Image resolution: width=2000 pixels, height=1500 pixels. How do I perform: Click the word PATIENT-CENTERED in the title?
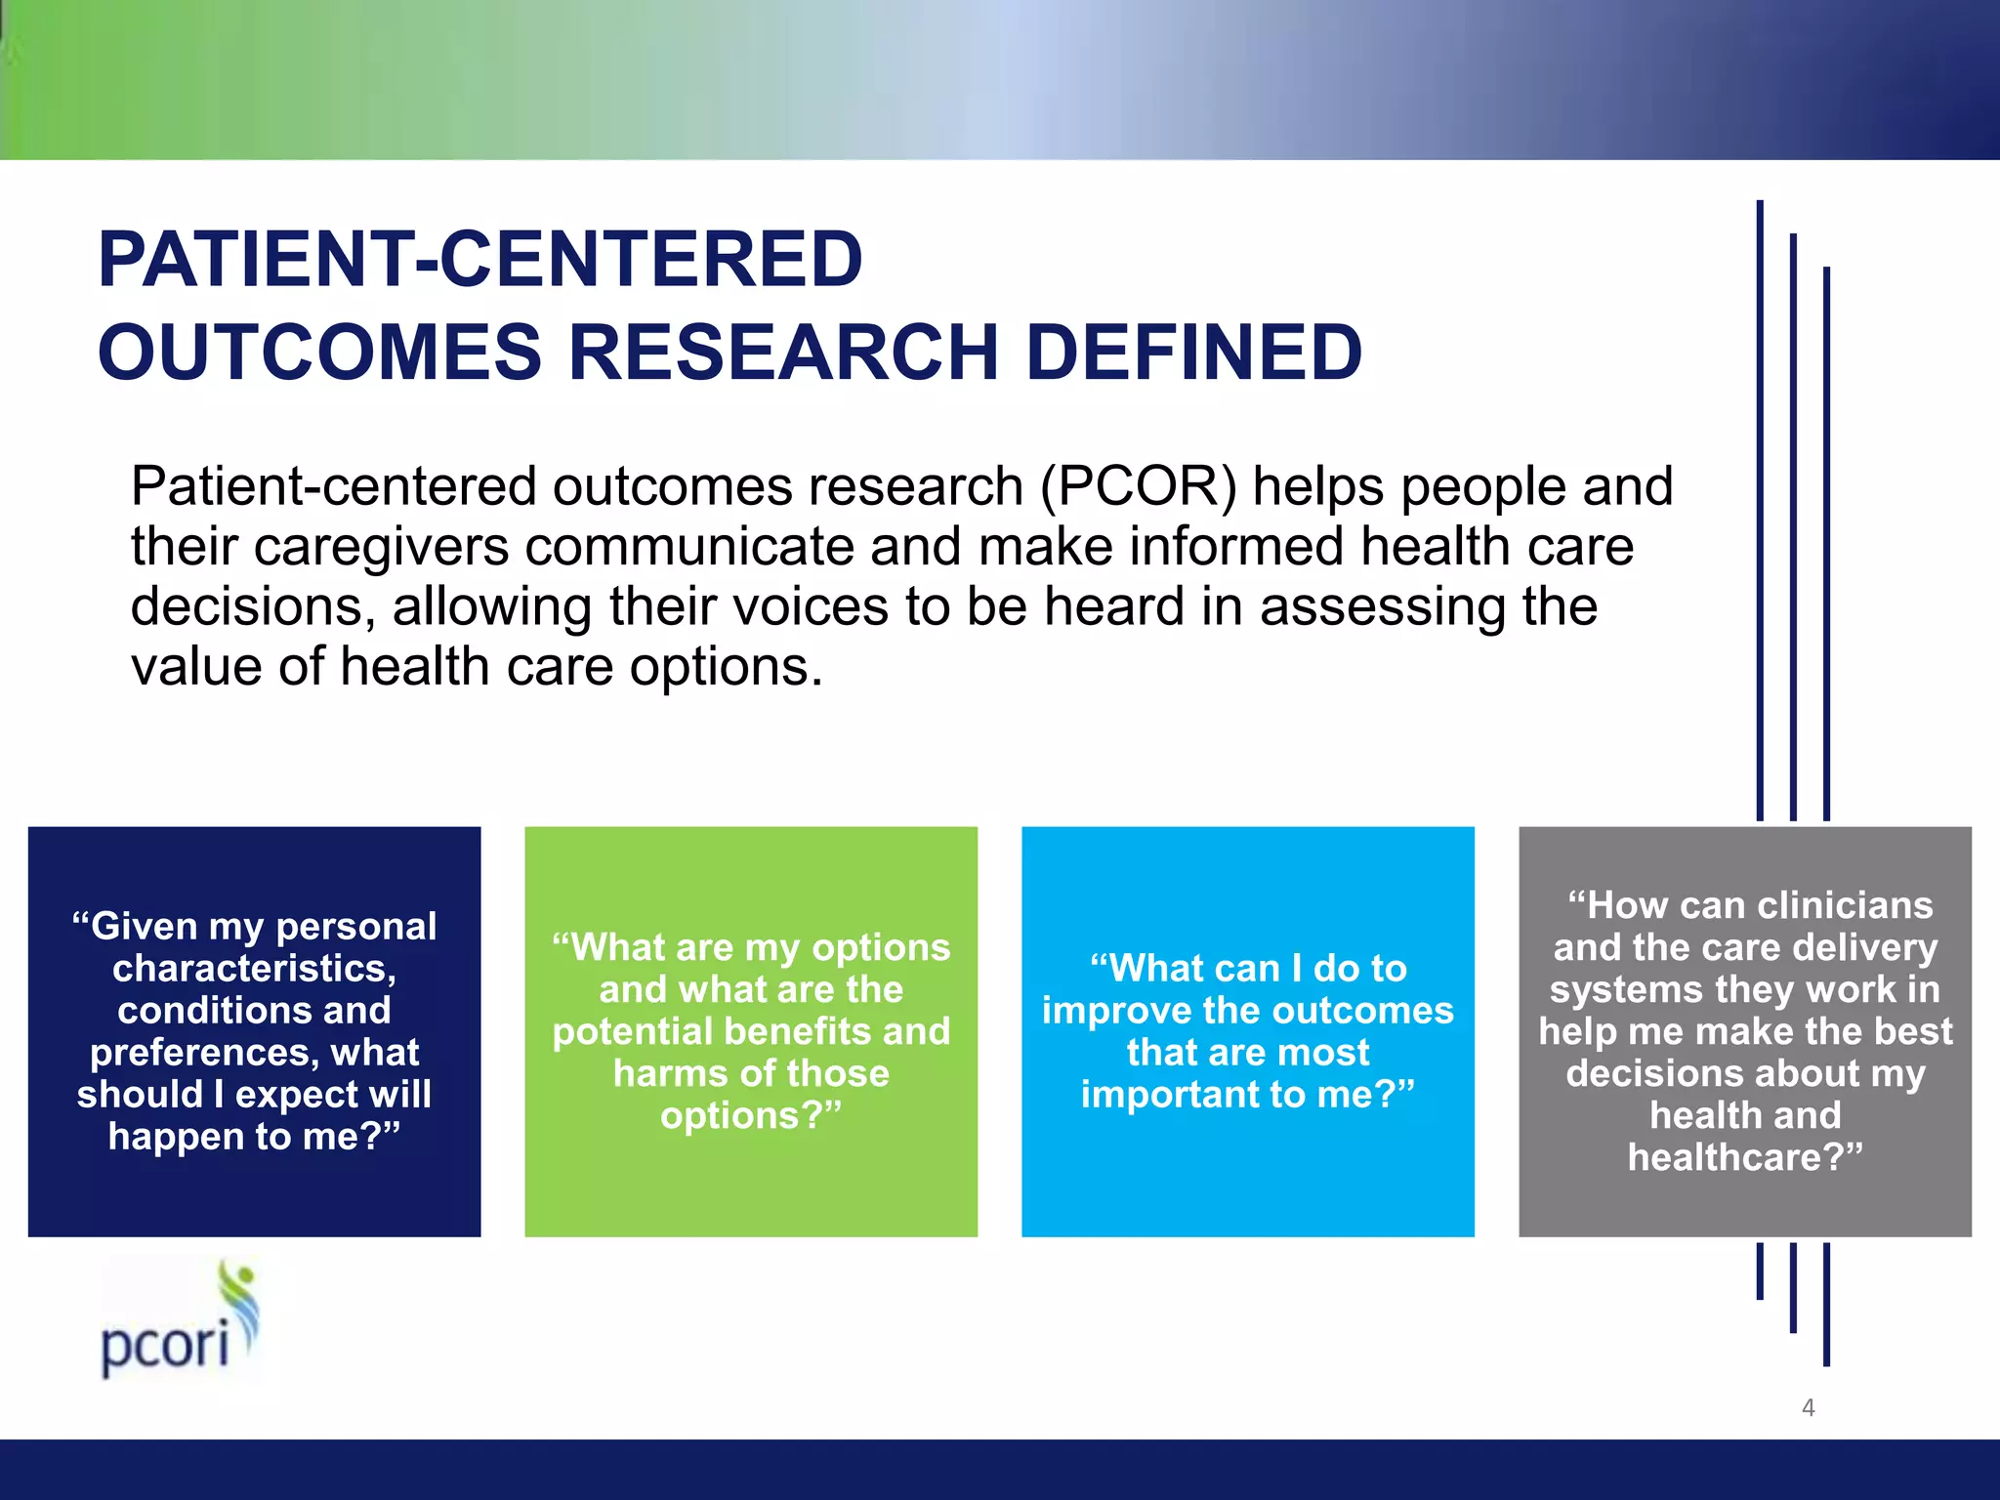coord(480,260)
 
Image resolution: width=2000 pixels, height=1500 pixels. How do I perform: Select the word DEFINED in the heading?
coord(1193,353)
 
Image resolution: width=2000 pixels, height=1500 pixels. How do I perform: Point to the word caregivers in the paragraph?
coord(381,547)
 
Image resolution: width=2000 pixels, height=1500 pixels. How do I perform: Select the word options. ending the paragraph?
coord(726,667)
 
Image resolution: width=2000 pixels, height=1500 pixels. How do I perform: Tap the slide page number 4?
coord(1808,1407)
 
